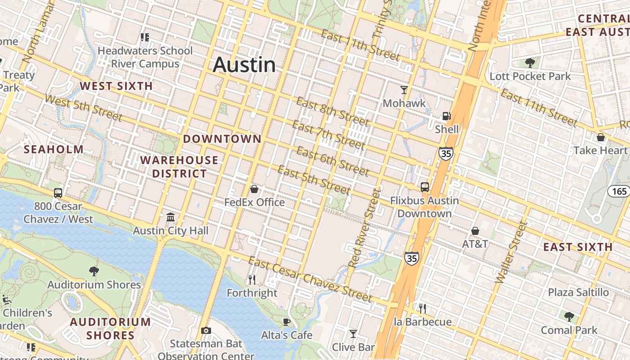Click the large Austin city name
pyautogui.click(x=244, y=65)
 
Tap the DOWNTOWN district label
pyautogui.click(x=222, y=139)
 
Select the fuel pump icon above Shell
pyautogui.click(x=446, y=116)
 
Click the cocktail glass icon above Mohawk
pyautogui.click(x=404, y=90)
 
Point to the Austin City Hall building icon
pyautogui.click(x=171, y=217)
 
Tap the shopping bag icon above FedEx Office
pyautogui.click(x=254, y=189)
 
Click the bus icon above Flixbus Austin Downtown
pyautogui.click(x=424, y=187)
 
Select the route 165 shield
pyautogui.click(x=619, y=191)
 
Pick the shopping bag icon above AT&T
pyautogui.click(x=475, y=231)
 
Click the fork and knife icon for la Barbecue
pyautogui.click(x=422, y=308)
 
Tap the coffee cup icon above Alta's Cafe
pyautogui.click(x=286, y=322)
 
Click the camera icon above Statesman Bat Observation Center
pyautogui.click(x=206, y=331)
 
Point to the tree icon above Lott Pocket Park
pyautogui.click(x=530, y=63)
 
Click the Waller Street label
pyautogui.click(x=510, y=252)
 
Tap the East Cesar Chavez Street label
pyautogui.click(x=310, y=279)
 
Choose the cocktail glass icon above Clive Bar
pyautogui.click(x=353, y=333)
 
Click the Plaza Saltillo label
pyautogui.click(x=578, y=292)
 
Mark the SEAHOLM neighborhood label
pyautogui.click(x=54, y=149)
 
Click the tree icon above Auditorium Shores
pyautogui.click(x=94, y=271)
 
